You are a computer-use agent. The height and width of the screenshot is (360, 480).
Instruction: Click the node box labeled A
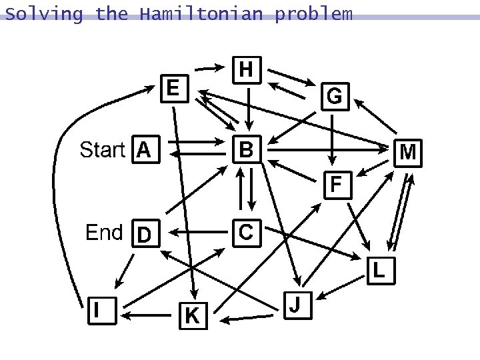[144, 150]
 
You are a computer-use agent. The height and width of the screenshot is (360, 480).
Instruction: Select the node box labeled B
[246, 150]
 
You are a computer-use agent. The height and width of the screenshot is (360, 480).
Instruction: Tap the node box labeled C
[245, 232]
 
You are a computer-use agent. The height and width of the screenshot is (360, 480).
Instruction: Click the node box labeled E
[173, 87]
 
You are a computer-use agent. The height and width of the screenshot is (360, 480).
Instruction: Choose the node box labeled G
[334, 97]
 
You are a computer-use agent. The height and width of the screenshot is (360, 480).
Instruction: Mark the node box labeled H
[246, 68]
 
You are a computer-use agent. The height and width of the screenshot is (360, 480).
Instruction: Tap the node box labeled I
[98, 309]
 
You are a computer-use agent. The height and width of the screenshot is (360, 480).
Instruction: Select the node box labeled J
[296, 305]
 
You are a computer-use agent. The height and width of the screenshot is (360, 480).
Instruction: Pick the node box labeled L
[379, 270]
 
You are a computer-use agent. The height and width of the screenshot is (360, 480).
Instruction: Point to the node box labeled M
[408, 153]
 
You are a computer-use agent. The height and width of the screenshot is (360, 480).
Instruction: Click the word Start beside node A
[102, 150]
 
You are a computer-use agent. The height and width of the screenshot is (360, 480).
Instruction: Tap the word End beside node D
[104, 233]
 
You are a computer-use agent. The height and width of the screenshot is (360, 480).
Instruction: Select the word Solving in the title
[43, 13]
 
